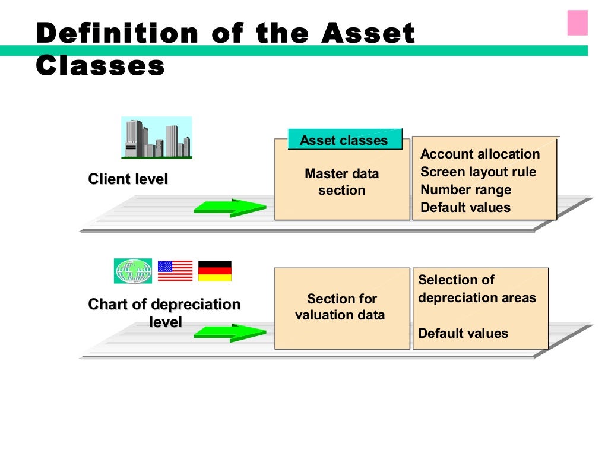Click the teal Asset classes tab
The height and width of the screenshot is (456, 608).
pyautogui.click(x=344, y=140)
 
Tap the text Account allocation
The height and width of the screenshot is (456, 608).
pyautogui.click(x=480, y=154)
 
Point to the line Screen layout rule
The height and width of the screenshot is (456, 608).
pyautogui.click(x=478, y=172)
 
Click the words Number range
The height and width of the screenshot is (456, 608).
pyautogui.click(x=465, y=190)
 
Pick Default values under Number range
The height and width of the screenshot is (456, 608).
pyautogui.click(x=465, y=208)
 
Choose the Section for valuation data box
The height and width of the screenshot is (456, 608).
pyautogui.click(x=341, y=308)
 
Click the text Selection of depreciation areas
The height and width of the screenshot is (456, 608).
pyautogui.click(x=477, y=289)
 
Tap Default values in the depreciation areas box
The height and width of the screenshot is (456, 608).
pyautogui.click(x=463, y=333)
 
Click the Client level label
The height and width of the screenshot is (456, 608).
pyautogui.click(x=128, y=179)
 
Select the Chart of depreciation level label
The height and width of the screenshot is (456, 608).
pyautogui.click(x=164, y=313)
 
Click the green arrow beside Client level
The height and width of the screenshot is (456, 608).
pyautogui.click(x=230, y=208)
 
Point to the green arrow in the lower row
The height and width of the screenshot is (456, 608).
pyautogui.click(x=230, y=332)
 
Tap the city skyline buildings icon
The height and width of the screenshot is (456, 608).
pyautogui.click(x=157, y=138)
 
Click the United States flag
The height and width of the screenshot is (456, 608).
pyautogui.click(x=175, y=271)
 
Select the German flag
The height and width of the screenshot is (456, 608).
pyautogui.click(x=214, y=271)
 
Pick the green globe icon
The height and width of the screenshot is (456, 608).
pyautogui.click(x=133, y=271)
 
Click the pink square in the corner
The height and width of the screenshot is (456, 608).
pyautogui.click(x=577, y=23)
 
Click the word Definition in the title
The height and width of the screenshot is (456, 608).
pyautogui.click(x=116, y=33)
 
